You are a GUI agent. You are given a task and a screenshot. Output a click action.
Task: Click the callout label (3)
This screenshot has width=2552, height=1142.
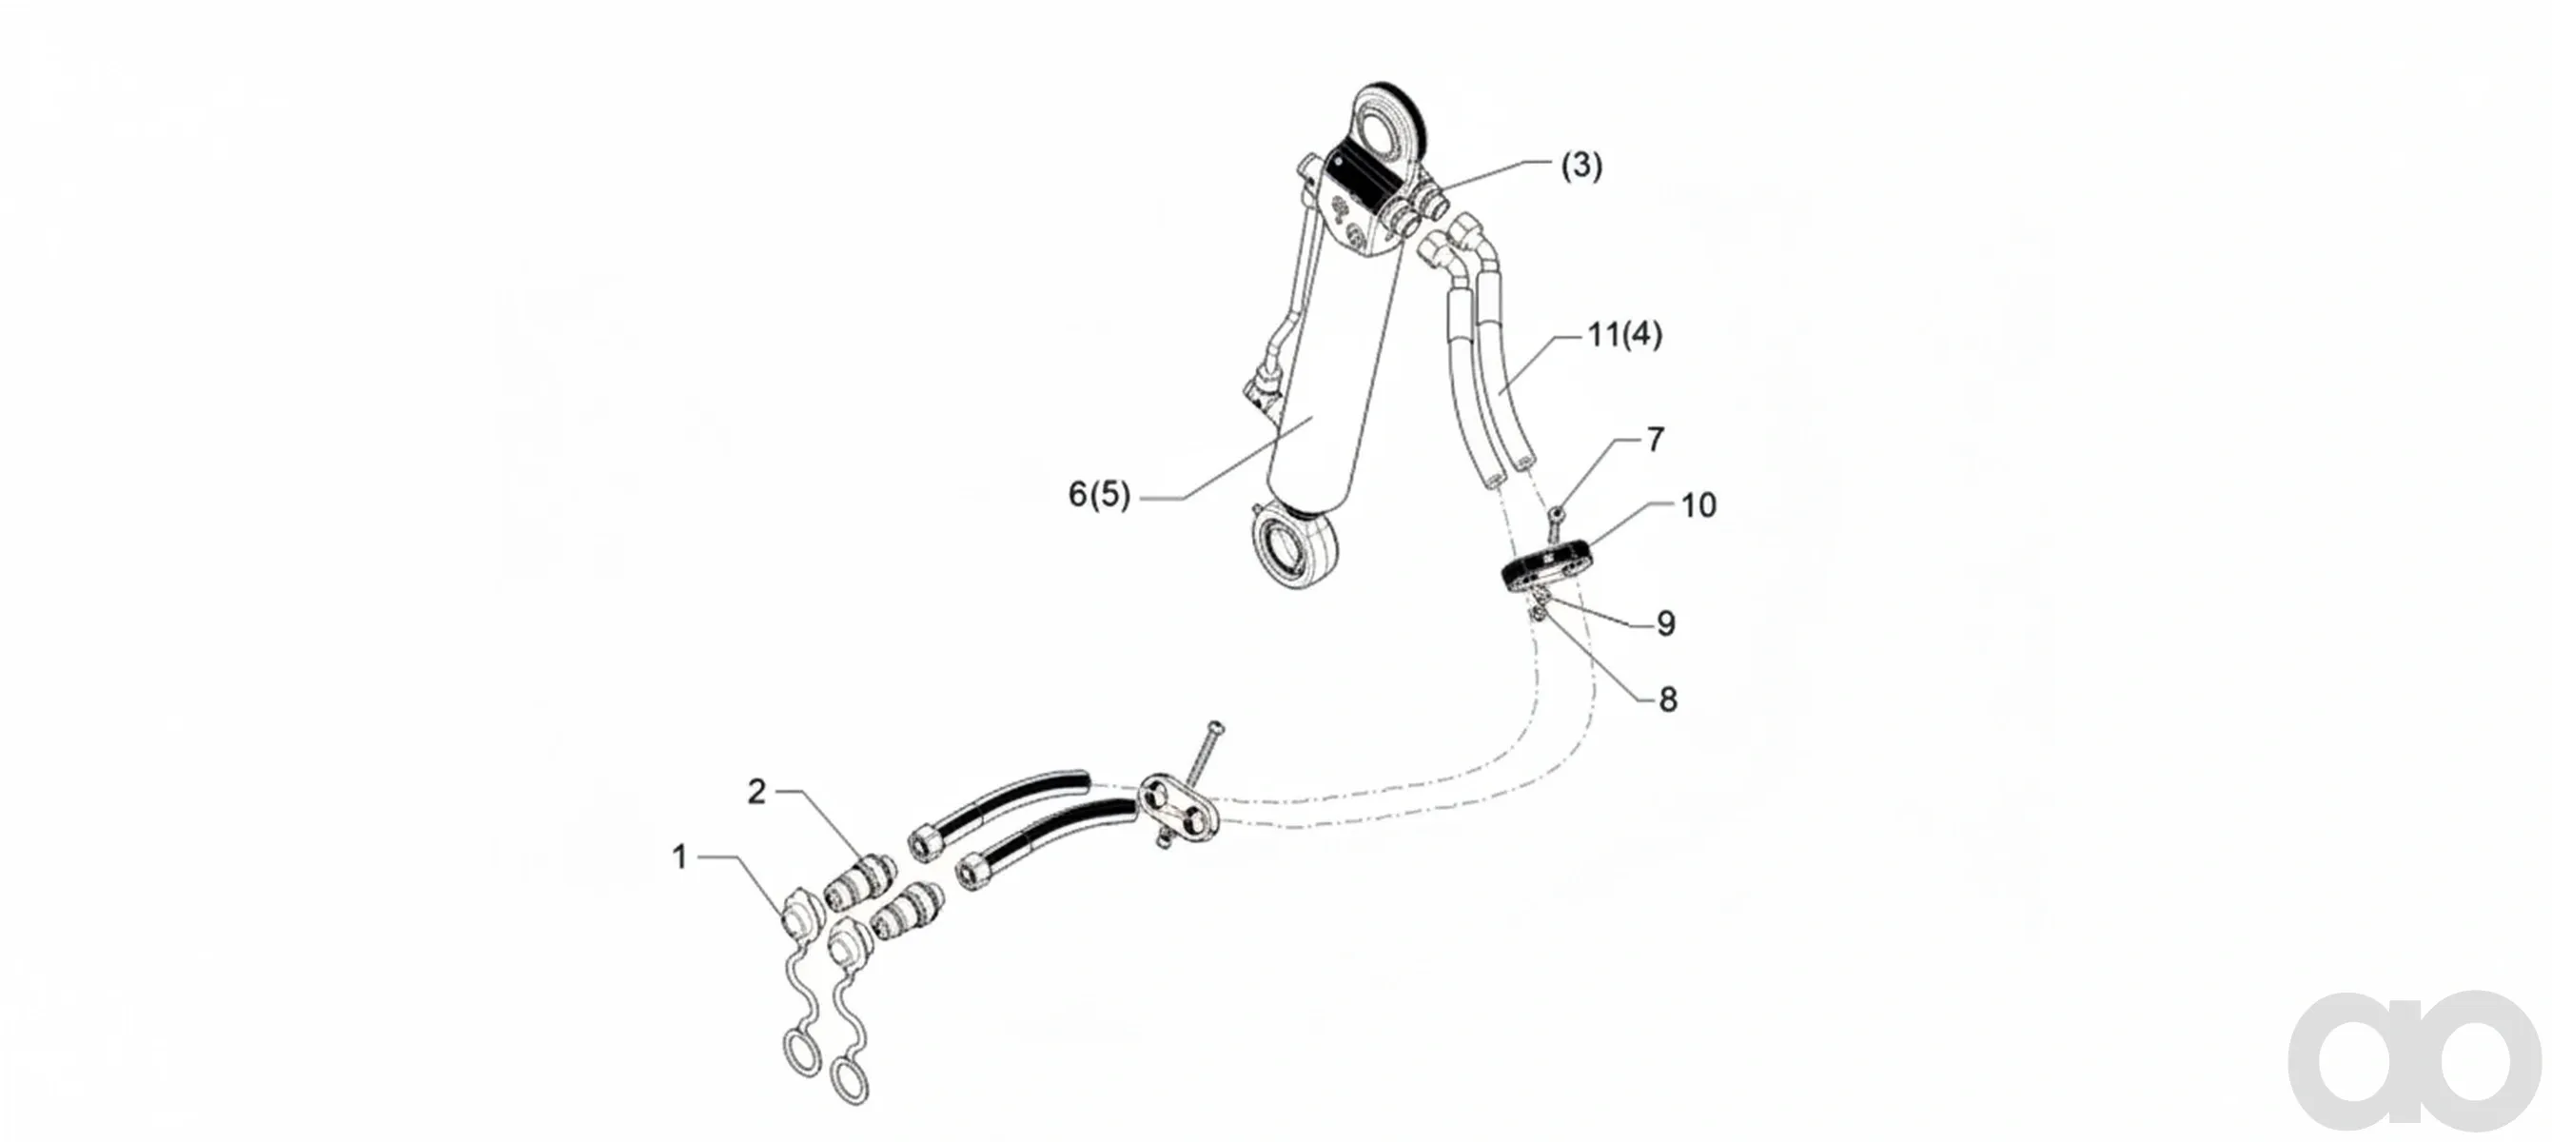tap(1581, 166)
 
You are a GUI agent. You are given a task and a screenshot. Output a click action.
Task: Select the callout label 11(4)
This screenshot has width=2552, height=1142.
tap(1624, 335)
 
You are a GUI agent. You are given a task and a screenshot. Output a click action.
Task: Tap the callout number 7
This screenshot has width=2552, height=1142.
tap(1655, 440)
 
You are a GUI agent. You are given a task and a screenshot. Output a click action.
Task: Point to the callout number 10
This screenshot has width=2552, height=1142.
tap(1698, 505)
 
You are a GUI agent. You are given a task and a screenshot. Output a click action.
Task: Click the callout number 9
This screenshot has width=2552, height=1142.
tap(1666, 623)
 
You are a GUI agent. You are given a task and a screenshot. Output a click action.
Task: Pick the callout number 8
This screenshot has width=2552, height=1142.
tap(1668, 699)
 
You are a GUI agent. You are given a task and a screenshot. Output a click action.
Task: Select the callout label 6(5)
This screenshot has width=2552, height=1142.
tap(1099, 493)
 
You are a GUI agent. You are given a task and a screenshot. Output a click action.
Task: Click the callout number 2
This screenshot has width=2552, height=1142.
tap(756, 792)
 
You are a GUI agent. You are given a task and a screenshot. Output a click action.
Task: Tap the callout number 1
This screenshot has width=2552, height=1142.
tap(679, 856)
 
